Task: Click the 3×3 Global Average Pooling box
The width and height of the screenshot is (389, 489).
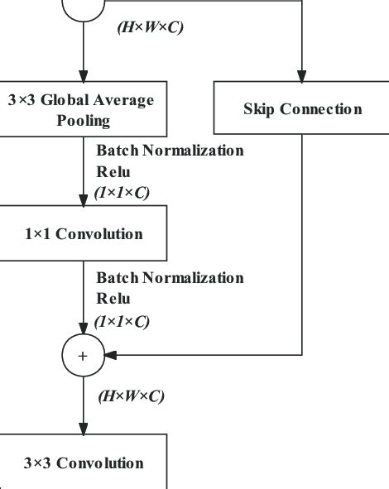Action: pos(83,110)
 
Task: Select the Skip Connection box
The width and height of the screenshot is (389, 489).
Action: pos(302,109)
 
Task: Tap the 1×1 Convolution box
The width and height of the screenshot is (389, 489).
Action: pos(83,234)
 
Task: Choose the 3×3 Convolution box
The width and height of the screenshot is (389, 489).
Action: pos(83,463)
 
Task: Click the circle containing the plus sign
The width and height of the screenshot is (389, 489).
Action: pos(83,355)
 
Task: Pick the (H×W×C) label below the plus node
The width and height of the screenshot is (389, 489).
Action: pos(131,396)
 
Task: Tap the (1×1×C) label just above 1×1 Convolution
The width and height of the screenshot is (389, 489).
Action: pos(122,193)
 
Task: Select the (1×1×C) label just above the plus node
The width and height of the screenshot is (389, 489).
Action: pos(122,321)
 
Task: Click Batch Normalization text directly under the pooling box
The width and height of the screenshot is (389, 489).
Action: pos(170,151)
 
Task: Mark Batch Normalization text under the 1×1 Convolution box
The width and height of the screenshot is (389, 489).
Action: pos(170,278)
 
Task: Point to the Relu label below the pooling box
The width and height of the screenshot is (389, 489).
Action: pos(113,172)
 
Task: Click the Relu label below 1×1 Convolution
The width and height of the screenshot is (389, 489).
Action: pos(113,300)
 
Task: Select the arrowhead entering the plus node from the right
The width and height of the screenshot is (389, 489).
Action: pos(110,355)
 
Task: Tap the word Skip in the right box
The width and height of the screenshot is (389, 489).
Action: pos(260,109)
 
